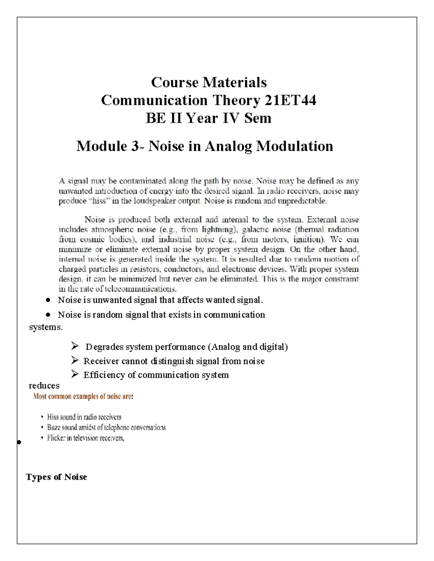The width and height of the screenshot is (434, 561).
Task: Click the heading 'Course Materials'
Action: tap(209, 82)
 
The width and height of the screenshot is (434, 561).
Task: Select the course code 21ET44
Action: tap(290, 100)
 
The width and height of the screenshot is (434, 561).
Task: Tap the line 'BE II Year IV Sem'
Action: tap(208, 118)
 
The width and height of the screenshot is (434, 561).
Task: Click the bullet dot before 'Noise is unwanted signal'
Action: tap(48, 300)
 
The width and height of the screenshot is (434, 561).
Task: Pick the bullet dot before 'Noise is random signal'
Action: tap(48, 315)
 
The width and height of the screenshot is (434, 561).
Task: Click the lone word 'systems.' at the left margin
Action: tap(46, 327)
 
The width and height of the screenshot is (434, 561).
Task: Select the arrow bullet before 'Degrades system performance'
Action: tap(75, 347)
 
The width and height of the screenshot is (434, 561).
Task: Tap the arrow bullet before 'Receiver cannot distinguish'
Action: tap(75, 361)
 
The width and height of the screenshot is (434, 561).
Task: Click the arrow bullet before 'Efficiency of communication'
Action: tap(75, 375)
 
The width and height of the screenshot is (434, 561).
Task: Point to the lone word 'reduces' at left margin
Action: tap(44, 385)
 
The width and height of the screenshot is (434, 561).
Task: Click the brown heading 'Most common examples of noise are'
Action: tap(83, 397)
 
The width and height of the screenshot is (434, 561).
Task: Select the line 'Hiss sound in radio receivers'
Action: tap(84, 417)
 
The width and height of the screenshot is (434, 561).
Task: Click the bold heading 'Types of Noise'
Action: tap(56, 477)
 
